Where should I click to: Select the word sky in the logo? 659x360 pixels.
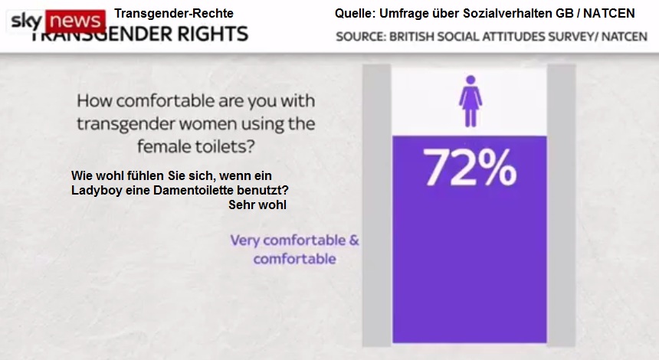(26, 20)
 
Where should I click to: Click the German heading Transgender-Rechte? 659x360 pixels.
(174, 13)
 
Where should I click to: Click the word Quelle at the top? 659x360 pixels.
(355, 13)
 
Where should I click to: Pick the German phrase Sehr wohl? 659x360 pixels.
(257, 205)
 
